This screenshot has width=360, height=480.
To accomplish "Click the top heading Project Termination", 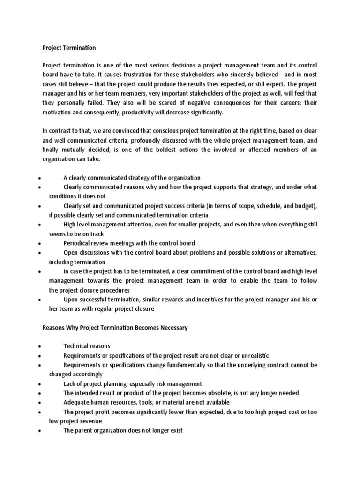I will coord(69,48).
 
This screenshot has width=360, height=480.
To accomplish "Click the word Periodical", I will coord(78,243).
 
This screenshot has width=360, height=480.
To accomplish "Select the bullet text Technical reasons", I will coord(87,346).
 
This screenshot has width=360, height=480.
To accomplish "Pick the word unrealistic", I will coord(253,356).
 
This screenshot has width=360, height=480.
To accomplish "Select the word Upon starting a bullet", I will coord(71,300).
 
